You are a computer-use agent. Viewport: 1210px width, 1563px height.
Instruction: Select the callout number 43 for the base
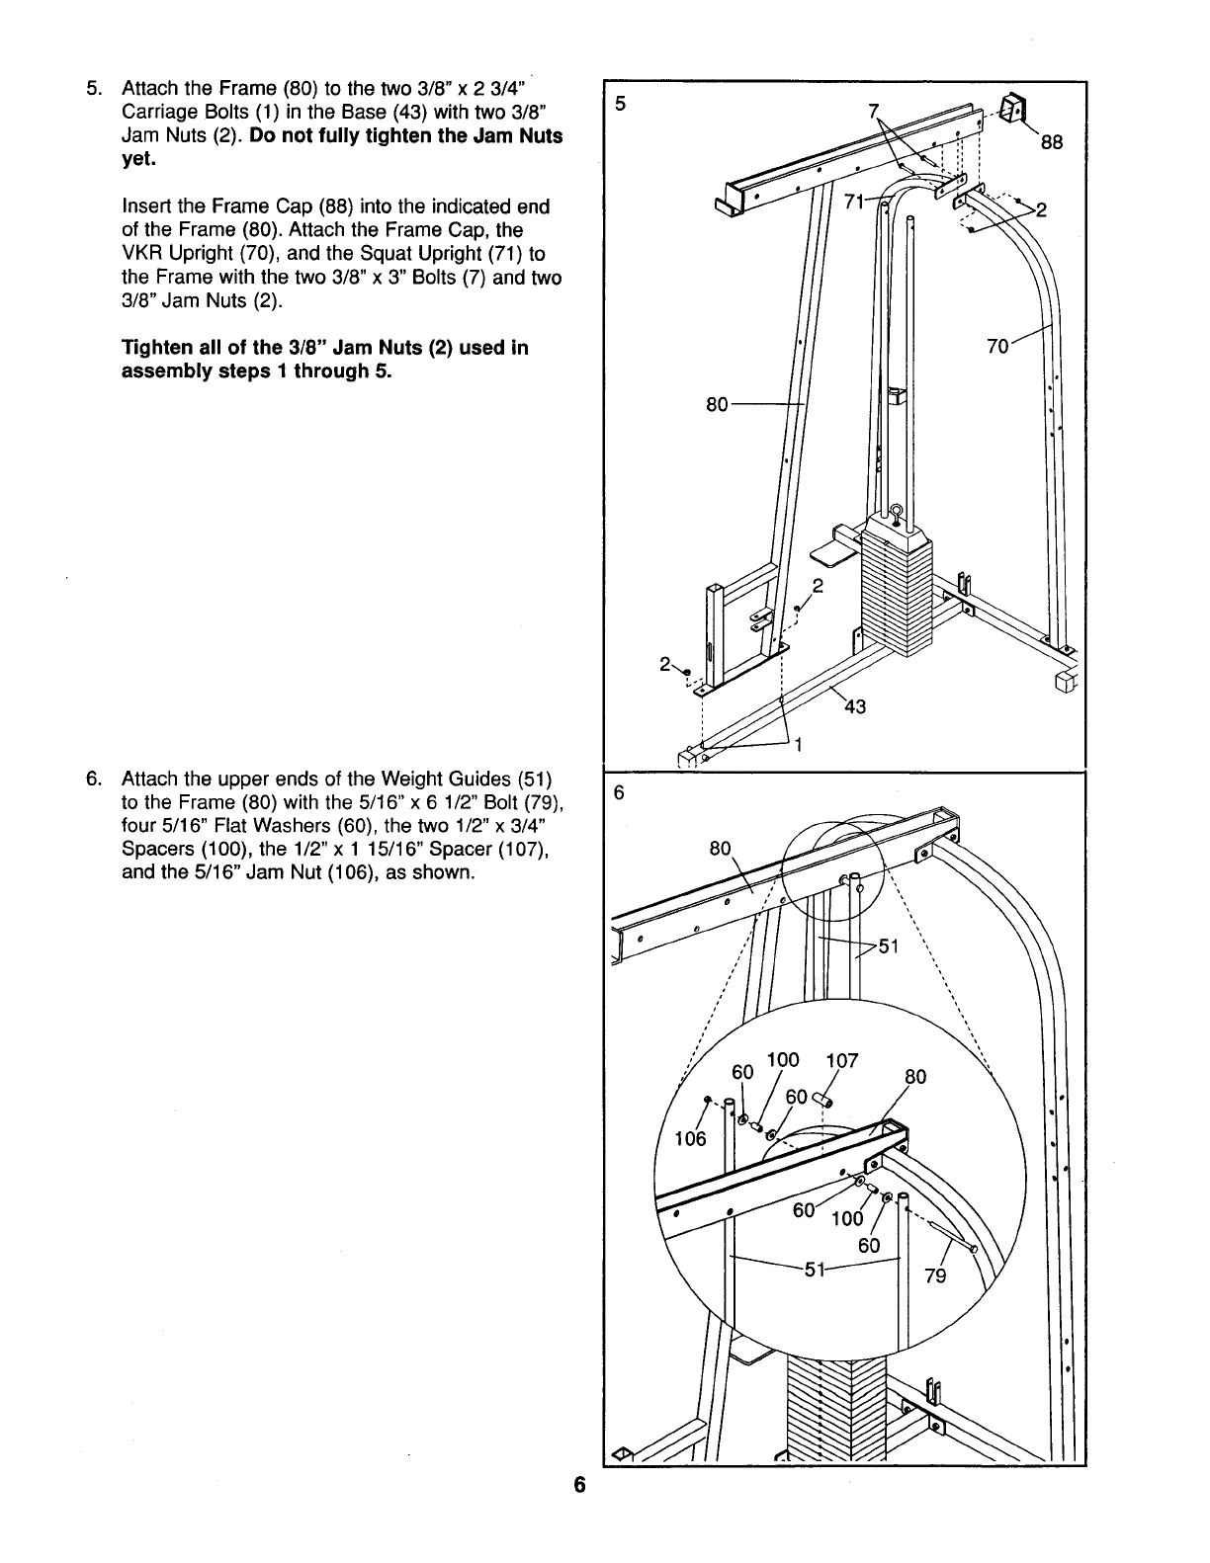pyautogui.click(x=855, y=706)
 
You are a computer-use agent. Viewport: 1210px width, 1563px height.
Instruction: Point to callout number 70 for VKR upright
pyautogui.click(x=998, y=346)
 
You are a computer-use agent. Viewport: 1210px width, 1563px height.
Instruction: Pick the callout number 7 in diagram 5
pyautogui.click(x=873, y=111)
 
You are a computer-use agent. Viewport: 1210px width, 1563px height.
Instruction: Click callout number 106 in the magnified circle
pyautogui.click(x=690, y=1139)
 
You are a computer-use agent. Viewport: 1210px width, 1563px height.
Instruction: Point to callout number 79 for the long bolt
pyautogui.click(x=934, y=1275)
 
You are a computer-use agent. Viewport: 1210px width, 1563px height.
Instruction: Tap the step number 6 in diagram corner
pyautogui.click(x=620, y=792)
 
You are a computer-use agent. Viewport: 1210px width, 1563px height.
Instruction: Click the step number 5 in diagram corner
pyautogui.click(x=620, y=102)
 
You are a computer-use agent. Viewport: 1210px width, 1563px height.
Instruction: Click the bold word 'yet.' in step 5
pyautogui.click(x=139, y=159)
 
